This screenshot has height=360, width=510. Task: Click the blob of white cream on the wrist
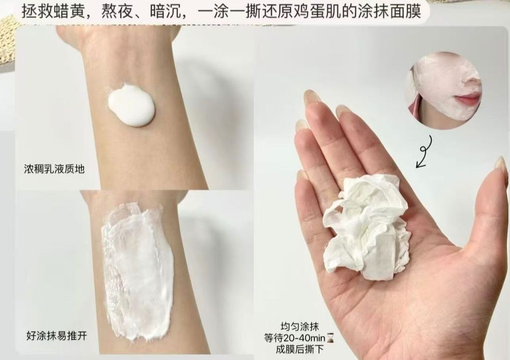click(131, 105)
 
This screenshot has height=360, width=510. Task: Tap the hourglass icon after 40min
click(331, 338)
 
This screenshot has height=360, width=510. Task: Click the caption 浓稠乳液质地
click(54, 169)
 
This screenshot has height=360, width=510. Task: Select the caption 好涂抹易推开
click(57, 336)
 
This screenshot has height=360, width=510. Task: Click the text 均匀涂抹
click(299, 326)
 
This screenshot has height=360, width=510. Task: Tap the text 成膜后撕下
click(299, 350)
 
